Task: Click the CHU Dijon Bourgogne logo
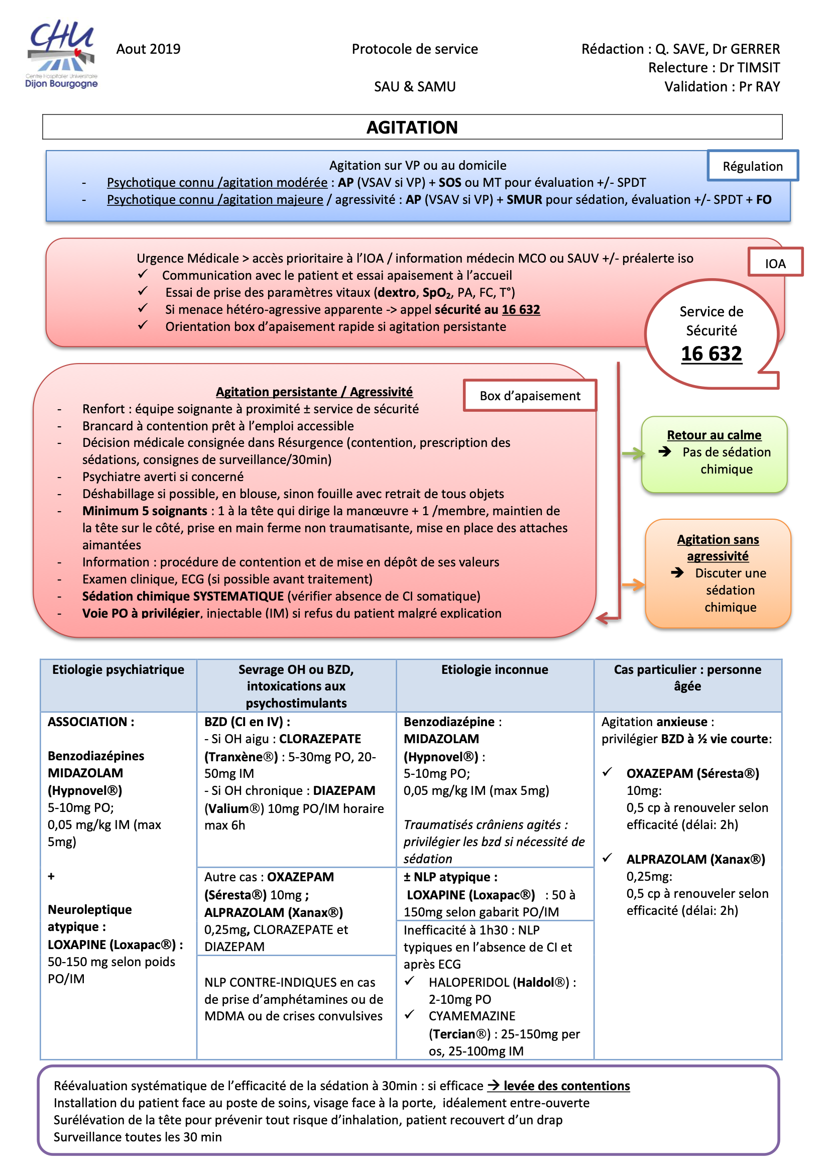tap(61, 54)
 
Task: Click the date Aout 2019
tap(148, 49)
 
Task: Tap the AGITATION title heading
tap(412, 128)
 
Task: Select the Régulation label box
tap(752, 166)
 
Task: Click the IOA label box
tap(775, 263)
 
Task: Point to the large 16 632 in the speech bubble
tap(711, 354)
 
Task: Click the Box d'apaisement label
tap(530, 396)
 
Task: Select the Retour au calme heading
tap(714, 435)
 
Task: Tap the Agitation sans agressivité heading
tap(718, 548)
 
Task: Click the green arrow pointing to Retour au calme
tap(633, 453)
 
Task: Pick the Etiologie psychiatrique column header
tap(118, 670)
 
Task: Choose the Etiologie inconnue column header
tap(495, 670)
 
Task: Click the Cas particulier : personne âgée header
tap(687, 678)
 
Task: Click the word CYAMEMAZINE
tap(472, 1016)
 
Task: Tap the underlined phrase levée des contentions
tap(566, 1086)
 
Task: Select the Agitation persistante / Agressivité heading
tap(314, 392)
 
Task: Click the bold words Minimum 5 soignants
tap(145, 511)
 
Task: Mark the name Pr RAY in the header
tap(759, 87)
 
